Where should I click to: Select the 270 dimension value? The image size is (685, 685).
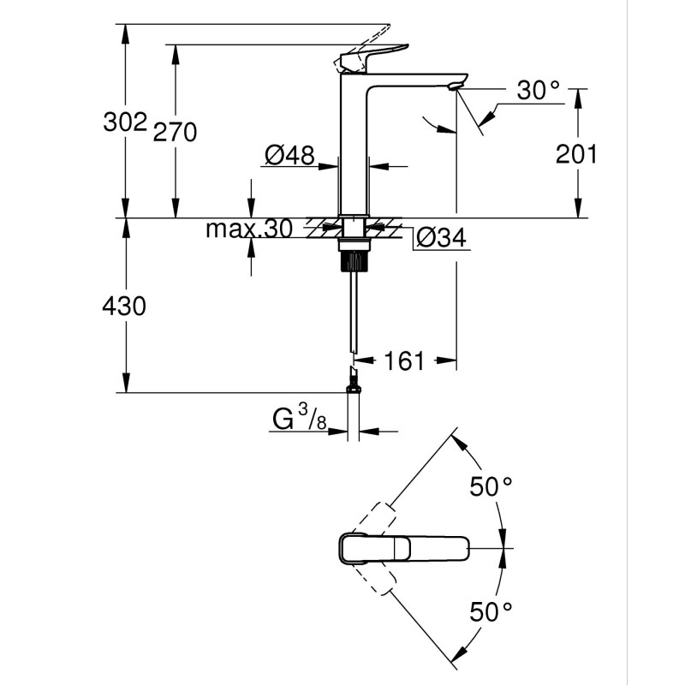tap(176, 132)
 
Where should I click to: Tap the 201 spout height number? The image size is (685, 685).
tap(576, 153)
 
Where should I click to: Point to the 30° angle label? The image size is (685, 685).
tap(538, 90)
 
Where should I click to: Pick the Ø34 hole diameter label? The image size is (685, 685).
tap(443, 238)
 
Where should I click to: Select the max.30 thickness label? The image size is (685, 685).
tap(249, 229)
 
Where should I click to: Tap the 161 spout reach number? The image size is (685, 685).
tap(404, 360)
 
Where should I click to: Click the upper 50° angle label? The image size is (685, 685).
tap(491, 486)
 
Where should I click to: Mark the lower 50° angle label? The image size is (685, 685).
tap(491, 611)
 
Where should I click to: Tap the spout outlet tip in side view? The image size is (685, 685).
tap(458, 83)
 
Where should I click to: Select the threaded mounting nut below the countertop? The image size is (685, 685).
tap(354, 254)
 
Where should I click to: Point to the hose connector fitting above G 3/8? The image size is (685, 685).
tap(353, 381)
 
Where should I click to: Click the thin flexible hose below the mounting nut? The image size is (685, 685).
tap(354, 308)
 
